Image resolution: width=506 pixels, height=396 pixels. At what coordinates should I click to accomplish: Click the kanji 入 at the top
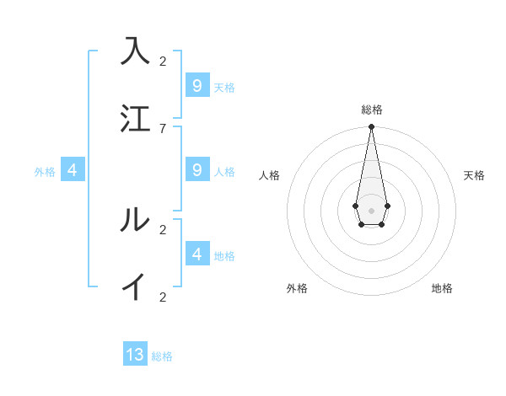[135, 51]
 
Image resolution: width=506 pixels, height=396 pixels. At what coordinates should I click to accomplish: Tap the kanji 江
[135, 118]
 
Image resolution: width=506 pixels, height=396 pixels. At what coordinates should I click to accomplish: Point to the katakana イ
[135, 286]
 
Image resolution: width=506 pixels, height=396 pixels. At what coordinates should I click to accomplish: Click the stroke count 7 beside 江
[163, 128]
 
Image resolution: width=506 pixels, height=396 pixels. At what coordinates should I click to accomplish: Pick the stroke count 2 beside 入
[163, 61]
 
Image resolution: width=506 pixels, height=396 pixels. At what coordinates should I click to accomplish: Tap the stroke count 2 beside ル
[163, 229]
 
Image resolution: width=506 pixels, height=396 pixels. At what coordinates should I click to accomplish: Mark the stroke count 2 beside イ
[163, 297]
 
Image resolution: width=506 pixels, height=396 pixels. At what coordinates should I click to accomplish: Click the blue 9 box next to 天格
[197, 85]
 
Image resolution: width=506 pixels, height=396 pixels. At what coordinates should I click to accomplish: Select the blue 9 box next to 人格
[197, 169]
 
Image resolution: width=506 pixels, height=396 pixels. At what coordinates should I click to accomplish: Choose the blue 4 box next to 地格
[197, 254]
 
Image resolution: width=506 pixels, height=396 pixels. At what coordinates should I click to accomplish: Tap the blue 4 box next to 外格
[73, 169]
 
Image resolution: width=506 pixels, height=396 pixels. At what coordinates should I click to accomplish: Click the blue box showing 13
[135, 355]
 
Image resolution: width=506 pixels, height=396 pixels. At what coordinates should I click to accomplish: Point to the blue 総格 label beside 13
[162, 356]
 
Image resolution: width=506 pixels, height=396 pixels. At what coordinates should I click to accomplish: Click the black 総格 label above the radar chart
[371, 110]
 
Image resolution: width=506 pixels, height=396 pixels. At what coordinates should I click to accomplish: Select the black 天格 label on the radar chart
[474, 175]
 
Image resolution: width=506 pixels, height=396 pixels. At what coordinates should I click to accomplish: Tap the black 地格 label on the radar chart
[442, 288]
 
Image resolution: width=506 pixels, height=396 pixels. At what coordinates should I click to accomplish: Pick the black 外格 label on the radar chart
[297, 288]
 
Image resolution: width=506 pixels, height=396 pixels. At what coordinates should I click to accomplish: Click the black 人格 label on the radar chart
[269, 175]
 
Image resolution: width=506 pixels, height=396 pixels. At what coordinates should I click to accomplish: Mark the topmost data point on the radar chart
[371, 126]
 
